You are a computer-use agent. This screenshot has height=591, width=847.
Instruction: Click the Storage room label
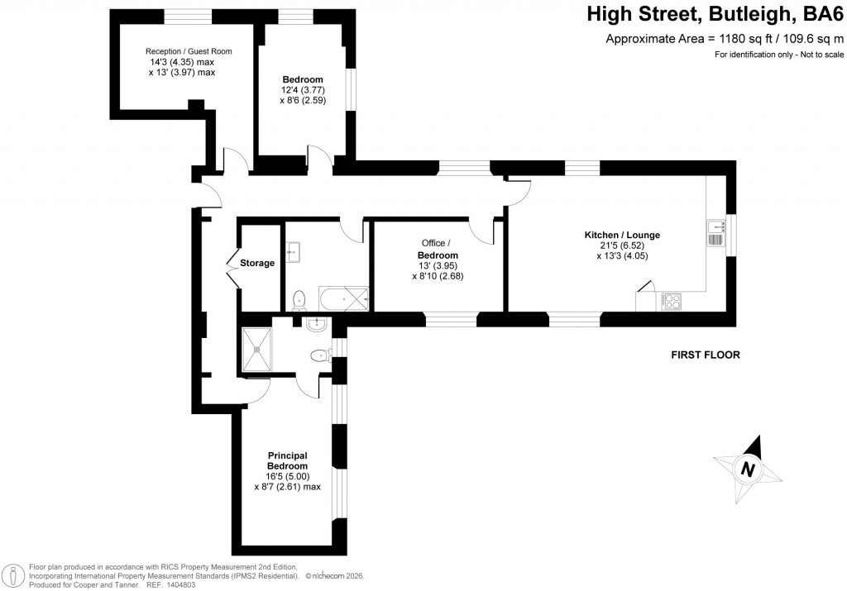point(257,264)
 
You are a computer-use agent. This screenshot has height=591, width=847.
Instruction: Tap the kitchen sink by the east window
point(715,232)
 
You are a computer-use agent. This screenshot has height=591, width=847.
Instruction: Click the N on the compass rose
point(748,469)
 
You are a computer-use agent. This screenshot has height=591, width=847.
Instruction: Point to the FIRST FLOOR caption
point(705,355)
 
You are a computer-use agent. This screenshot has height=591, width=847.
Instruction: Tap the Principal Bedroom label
point(287,461)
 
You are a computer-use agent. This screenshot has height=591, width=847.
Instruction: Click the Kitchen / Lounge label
point(622,236)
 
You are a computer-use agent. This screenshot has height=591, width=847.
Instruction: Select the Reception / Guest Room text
point(189,51)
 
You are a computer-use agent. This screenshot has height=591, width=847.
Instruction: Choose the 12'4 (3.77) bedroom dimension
point(302,90)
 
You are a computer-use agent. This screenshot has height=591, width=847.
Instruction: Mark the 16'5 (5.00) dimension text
point(287,477)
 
